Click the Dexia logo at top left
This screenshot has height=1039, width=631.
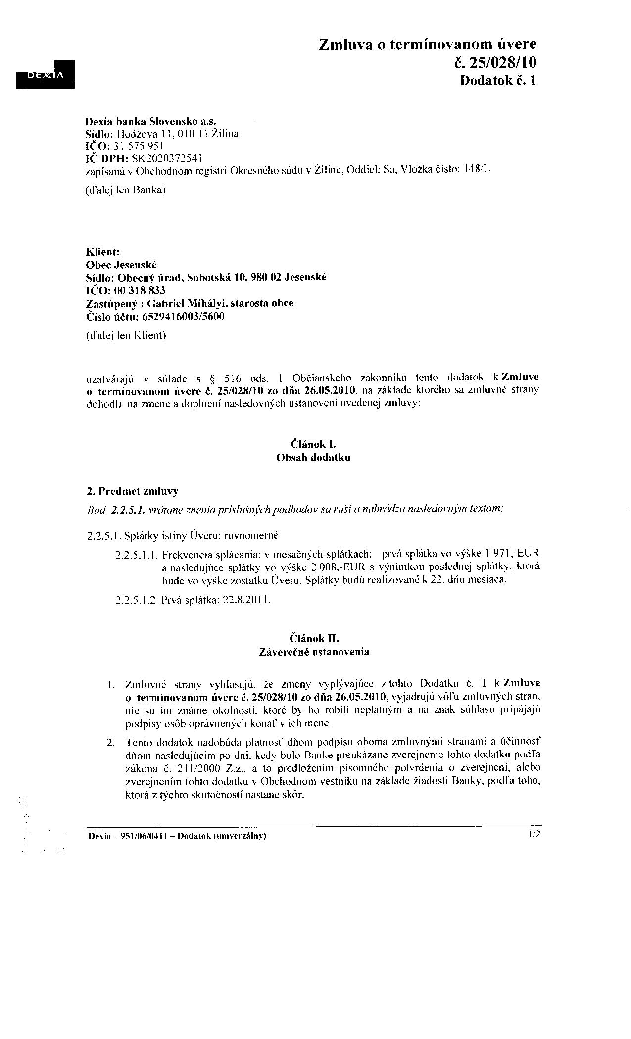(x=46, y=74)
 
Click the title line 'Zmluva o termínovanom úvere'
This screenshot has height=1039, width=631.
(x=428, y=45)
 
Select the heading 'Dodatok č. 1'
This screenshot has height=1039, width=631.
(x=498, y=80)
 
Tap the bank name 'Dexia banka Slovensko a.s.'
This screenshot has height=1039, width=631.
(x=151, y=121)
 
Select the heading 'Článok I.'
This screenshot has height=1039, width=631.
(x=313, y=444)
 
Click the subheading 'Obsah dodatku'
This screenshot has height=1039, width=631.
(x=313, y=457)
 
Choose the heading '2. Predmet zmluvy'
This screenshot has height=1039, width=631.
(x=132, y=491)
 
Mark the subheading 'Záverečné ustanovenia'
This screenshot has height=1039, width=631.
(x=314, y=652)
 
